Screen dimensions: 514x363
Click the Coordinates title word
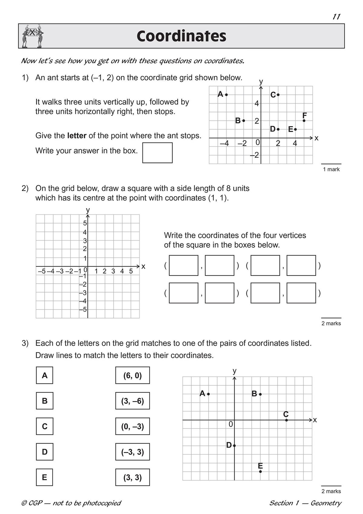pos(181,36)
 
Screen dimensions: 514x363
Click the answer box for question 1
pos(157,153)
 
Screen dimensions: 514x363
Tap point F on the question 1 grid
pos(304,120)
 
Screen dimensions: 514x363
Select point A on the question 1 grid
pos(227,95)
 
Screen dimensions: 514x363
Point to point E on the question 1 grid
pos(295,129)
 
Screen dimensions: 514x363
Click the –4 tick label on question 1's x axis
pos(224,143)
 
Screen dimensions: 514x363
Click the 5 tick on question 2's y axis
pos(85,223)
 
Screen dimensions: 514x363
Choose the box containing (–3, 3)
pos(132,452)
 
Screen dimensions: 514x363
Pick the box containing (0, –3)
pos(132,427)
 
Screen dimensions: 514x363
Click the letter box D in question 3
pos(44,452)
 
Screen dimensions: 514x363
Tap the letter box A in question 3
pos(44,375)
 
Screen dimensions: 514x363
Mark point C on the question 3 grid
pos(286,420)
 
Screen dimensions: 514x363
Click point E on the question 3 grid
pos(260,471)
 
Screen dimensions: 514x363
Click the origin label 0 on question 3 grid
pos(231,425)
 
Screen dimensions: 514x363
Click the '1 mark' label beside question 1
pos(331,170)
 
